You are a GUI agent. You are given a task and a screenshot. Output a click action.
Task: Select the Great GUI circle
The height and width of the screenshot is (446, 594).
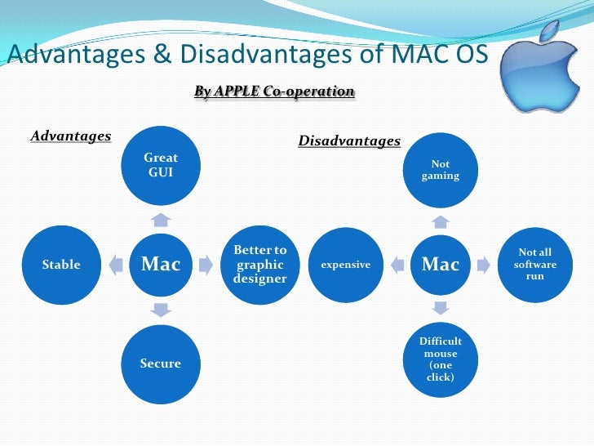[161, 165]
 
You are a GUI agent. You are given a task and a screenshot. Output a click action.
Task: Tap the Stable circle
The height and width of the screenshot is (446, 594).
[61, 265]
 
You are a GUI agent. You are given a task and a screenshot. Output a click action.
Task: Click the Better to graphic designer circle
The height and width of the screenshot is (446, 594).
[260, 265]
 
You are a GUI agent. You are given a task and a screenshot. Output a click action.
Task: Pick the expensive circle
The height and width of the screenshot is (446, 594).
[345, 265]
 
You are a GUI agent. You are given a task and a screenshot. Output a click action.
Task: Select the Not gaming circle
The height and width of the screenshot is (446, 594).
[441, 170]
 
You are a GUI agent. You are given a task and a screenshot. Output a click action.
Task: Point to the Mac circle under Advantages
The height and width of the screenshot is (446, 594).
[161, 265]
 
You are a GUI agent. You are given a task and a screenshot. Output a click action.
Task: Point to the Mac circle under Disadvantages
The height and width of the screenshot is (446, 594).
[441, 265]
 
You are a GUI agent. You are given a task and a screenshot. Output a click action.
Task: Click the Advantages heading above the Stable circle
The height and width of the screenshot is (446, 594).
[71, 136]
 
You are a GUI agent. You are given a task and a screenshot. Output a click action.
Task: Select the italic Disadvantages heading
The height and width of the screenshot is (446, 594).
[349, 141]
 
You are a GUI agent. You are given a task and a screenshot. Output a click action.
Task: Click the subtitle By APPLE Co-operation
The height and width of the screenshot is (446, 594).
[274, 91]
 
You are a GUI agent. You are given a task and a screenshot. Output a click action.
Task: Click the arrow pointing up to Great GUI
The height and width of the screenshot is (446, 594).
[161, 218]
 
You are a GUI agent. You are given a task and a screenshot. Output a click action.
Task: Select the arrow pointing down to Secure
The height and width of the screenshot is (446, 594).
[161, 310]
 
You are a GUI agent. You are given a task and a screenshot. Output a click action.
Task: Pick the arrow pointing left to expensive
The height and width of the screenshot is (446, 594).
[397, 265]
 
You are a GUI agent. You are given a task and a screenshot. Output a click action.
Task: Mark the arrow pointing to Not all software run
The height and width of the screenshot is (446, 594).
[484, 265]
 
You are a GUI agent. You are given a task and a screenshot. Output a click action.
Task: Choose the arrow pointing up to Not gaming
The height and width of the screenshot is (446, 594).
[441, 221]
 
